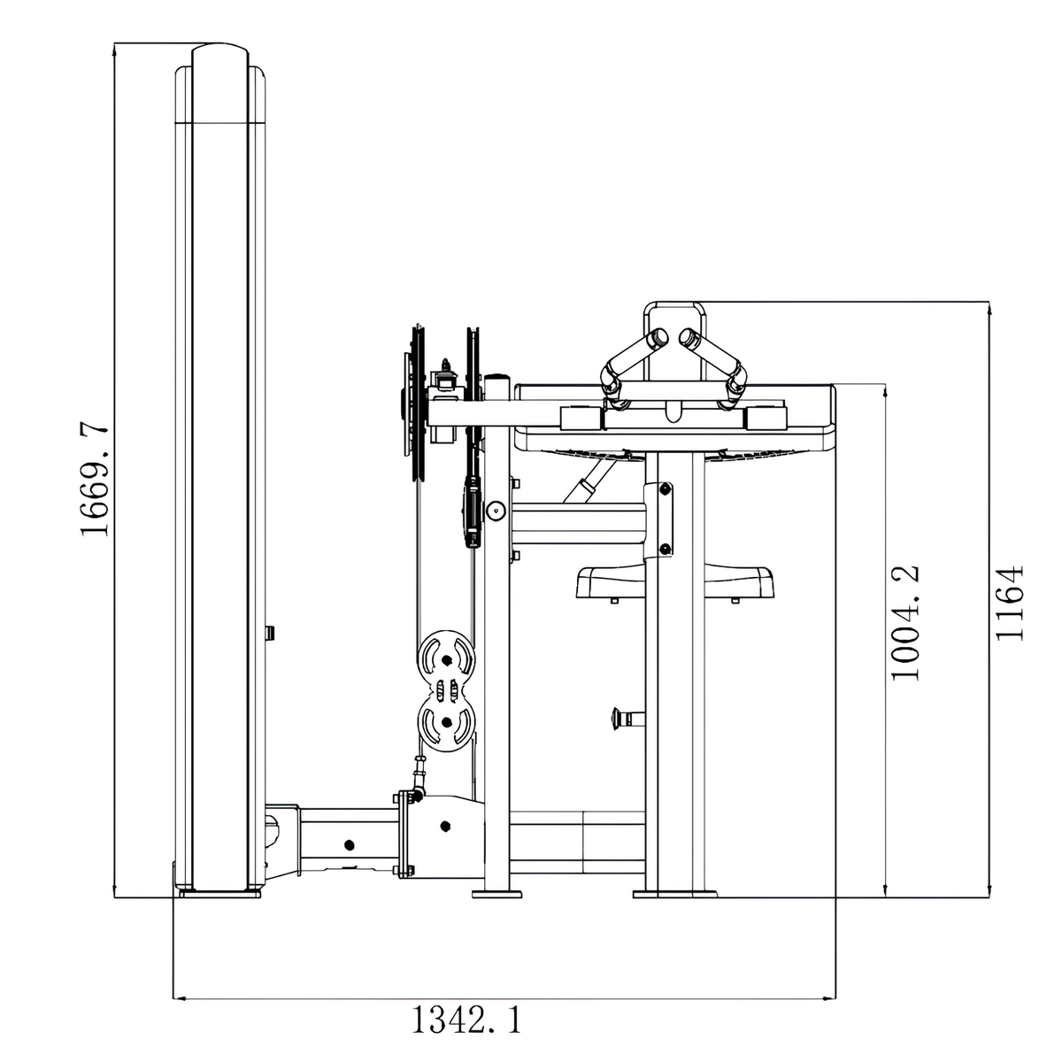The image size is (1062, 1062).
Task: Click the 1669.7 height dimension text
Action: coord(95,480)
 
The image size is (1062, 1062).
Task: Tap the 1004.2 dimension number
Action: coord(905,622)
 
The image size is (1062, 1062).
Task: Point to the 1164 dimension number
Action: coord(1010,603)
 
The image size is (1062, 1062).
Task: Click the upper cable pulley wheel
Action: coord(446,658)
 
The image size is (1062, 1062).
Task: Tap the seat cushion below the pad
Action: coord(674,582)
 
